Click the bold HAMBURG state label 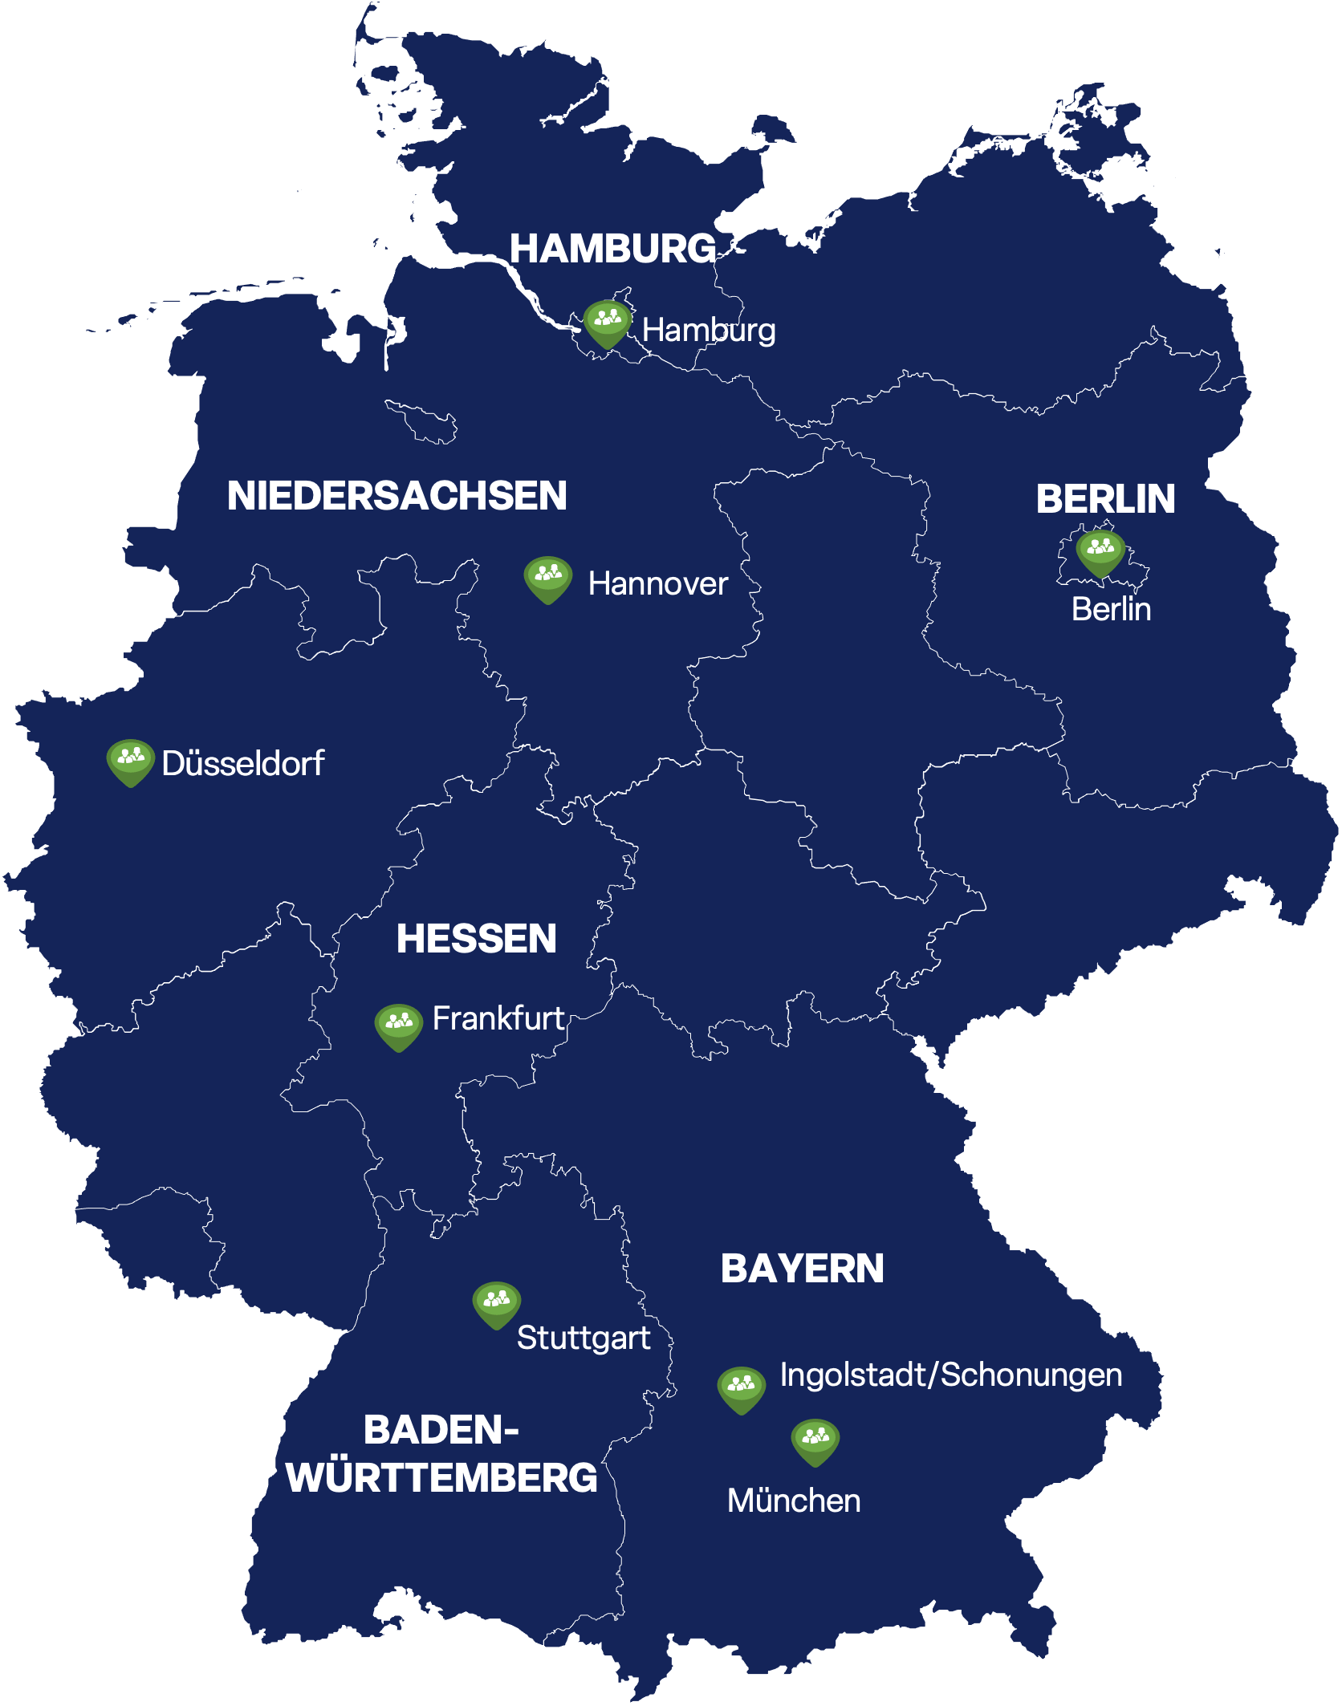pyautogui.click(x=612, y=249)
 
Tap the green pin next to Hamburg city pyautogui.click(x=607, y=323)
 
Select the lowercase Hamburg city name pyautogui.click(x=709, y=331)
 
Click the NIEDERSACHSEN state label pyautogui.click(x=396, y=496)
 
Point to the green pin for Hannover pyautogui.click(x=547, y=579)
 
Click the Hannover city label pyautogui.click(x=657, y=584)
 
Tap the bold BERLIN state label pyautogui.click(x=1105, y=499)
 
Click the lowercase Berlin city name pyautogui.click(x=1111, y=610)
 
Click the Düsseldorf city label pyautogui.click(x=242, y=764)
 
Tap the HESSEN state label pyautogui.click(x=476, y=939)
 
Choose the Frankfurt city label pyautogui.click(x=498, y=1019)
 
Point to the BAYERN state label pyautogui.click(x=802, y=1269)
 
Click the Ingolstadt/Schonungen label pyautogui.click(x=950, y=1375)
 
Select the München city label pyautogui.click(x=793, y=1501)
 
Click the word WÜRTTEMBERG pyautogui.click(x=441, y=1478)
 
